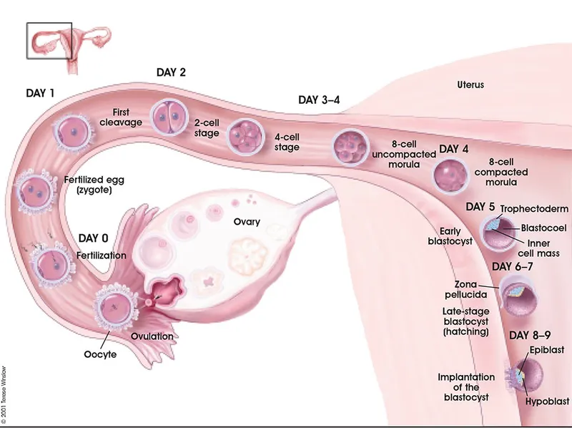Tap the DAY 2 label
[x=172, y=72]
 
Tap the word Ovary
[x=247, y=222]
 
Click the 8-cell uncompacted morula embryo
[x=350, y=146]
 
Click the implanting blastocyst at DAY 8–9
[x=529, y=374]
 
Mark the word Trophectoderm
[x=534, y=209]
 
